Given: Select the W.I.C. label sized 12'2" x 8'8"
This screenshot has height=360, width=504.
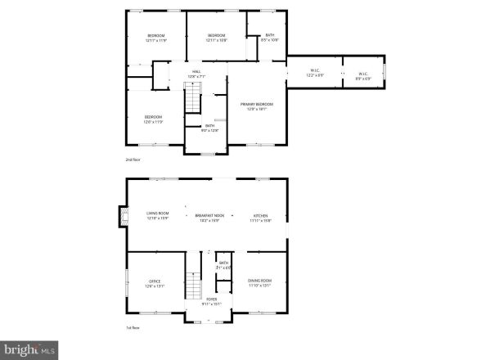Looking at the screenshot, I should (315, 73).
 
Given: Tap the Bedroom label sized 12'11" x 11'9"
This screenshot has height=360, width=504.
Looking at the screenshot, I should (156, 38).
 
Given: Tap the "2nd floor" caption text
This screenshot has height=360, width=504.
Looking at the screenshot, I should (134, 160).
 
